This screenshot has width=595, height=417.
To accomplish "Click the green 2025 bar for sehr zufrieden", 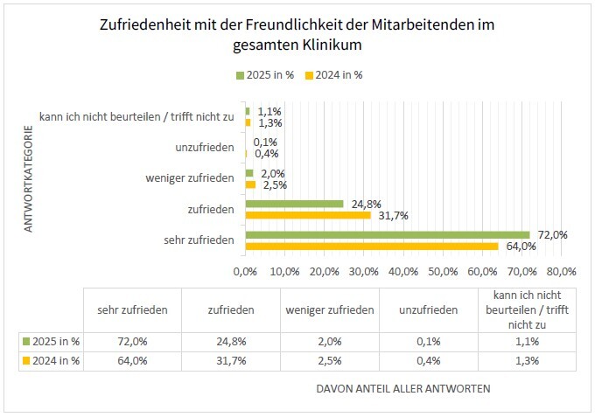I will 388,235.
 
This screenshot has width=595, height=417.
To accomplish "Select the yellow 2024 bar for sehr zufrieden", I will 372,246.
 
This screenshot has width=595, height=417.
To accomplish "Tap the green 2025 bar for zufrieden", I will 294,204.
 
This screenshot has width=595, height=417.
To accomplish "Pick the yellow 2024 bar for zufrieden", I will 308,214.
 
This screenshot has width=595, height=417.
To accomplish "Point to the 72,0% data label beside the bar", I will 552,234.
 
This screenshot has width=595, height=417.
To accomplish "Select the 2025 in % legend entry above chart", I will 267,75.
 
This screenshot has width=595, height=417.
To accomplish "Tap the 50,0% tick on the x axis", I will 443,271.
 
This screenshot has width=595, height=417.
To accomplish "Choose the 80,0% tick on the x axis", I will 561,271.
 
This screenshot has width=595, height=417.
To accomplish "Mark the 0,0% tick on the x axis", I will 246,271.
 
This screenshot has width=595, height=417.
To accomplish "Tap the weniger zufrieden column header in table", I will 329,309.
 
